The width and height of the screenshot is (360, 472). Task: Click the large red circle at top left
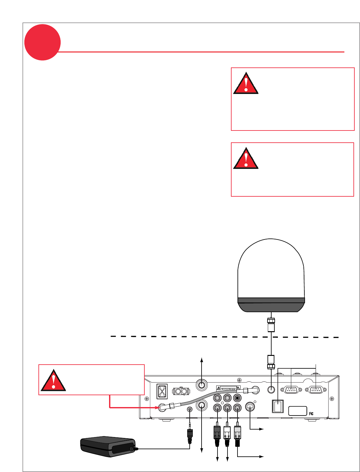click(x=42, y=42)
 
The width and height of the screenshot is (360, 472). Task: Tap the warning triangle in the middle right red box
click(x=246, y=159)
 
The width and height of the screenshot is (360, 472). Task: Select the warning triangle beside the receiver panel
click(x=53, y=381)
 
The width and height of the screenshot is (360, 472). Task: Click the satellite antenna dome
click(x=271, y=275)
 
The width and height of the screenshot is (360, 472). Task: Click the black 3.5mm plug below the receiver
click(x=190, y=435)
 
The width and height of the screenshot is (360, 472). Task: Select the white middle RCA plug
click(x=227, y=434)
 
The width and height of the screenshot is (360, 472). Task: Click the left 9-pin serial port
click(x=291, y=390)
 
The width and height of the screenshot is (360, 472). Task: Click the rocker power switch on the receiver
click(x=277, y=406)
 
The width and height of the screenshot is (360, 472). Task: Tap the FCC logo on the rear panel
click(x=311, y=414)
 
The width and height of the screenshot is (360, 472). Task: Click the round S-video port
click(x=250, y=407)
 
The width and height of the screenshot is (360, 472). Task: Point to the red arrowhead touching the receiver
click(x=157, y=407)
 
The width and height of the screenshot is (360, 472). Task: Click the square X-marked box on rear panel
click(x=162, y=391)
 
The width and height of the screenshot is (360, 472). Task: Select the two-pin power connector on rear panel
click(x=181, y=391)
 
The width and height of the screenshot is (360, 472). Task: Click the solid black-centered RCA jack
click(x=237, y=398)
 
